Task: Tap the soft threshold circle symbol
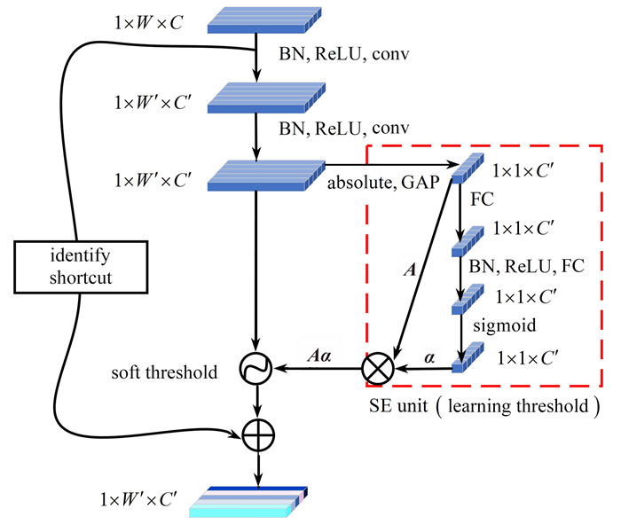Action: pyautogui.click(x=257, y=365)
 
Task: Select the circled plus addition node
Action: pyautogui.click(x=257, y=434)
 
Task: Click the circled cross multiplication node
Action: pyautogui.click(x=376, y=366)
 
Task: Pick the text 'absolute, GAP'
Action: pyautogui.click(x=376, y=184)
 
